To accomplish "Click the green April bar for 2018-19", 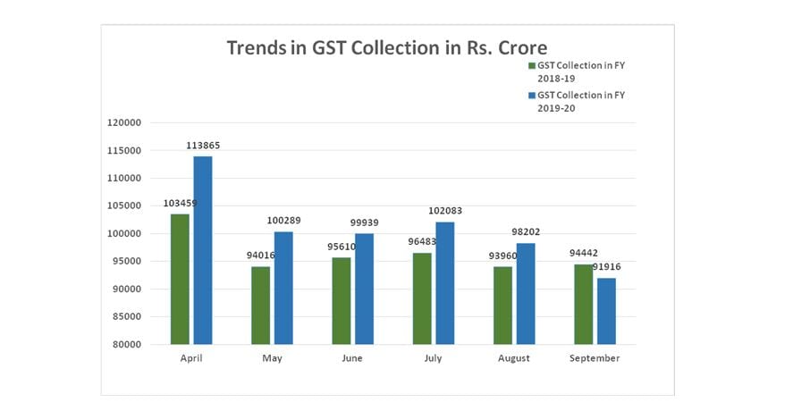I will click(x=180, y=279).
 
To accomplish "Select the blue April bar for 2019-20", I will click(x=203, y=250).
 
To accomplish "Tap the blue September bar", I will click(x=606, y=311).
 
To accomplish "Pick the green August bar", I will click(x=502, y=306).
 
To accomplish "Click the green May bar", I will click(x=260, y=306).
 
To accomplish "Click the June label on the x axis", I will click(x=352, y=358).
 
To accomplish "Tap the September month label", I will click(x=595, y=358).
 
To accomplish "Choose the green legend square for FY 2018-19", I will click(x=530, y=66).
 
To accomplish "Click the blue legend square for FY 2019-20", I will click(x=530, y=95).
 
